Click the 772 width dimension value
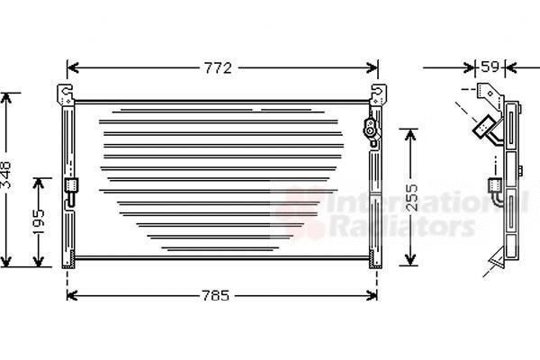tap(218, 68)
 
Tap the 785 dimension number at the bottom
tap(215, 295)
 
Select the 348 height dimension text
tap(6, 175)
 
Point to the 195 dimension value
tap(39, 221)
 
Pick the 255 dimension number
tap(410, 197)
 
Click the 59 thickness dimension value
tap(490, 67)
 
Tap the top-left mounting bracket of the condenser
tap(65, 94)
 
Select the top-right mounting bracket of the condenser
tap(378, 94)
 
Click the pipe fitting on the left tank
tap(71, 193)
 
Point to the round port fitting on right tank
tap(370, 130)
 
